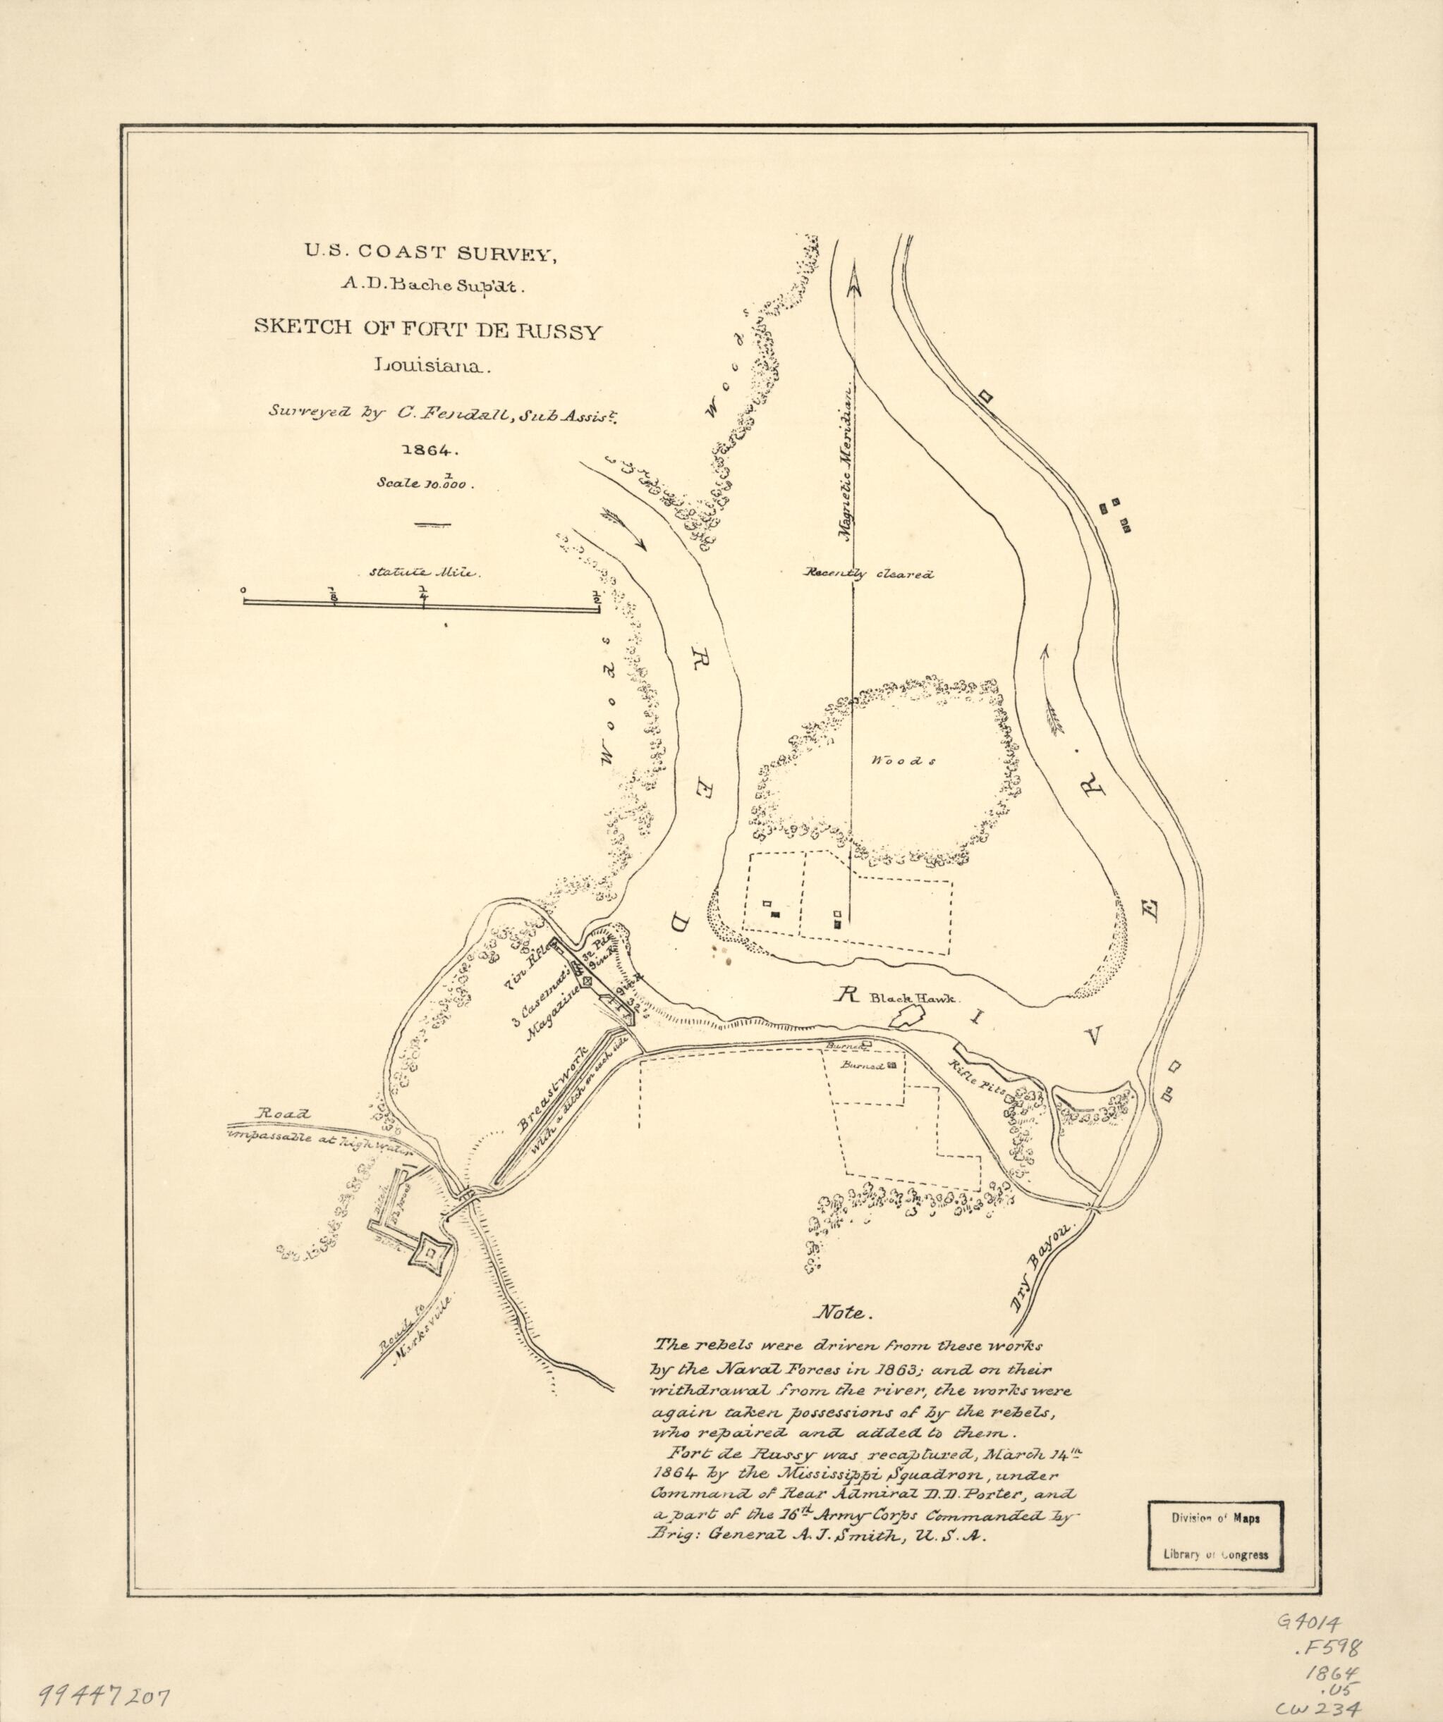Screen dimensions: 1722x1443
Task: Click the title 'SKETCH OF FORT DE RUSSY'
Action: click(x=427, y=332)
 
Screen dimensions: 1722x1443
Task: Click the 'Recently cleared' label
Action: click(x=869, y=574)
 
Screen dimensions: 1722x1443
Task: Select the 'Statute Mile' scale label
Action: click(x=423, y=573)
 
